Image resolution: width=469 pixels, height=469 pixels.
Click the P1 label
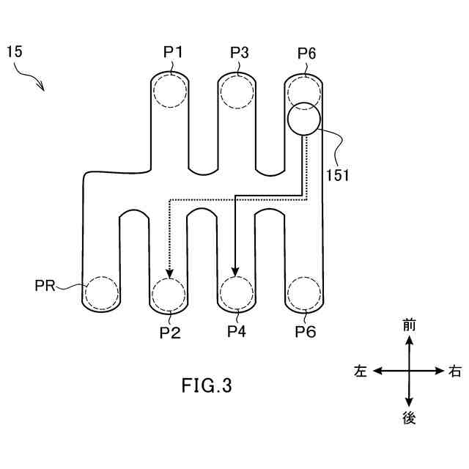[x=173, y=52]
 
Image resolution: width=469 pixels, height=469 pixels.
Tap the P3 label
[x=240, y=52]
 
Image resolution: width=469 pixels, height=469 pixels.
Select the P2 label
[x=170, y=332]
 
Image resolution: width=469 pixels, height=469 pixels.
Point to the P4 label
[x=236, y=332]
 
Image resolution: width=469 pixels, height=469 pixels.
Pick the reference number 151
[x=337, y=175]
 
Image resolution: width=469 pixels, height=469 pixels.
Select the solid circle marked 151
[x=303, y=119]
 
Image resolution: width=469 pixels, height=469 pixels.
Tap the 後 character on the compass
[x=409, y=418]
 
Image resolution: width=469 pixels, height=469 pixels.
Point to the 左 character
[x=360, y=372]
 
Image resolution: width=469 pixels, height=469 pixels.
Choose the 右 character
[x=455, y=372]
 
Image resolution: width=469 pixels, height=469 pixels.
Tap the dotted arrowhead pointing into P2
[x=169, y=273]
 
